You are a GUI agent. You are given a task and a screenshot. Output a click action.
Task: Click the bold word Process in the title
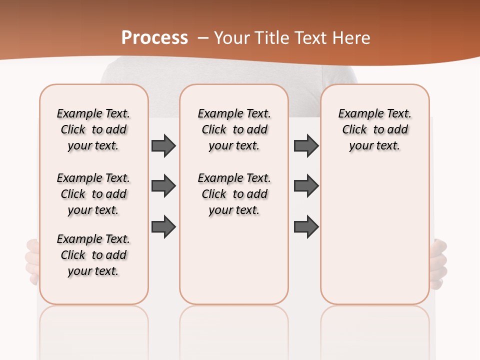click(x=154, y=38)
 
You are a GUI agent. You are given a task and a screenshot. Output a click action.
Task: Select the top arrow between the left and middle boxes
click(x=163, y=145)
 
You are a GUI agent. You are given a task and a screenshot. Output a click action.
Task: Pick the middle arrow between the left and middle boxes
click(x=163, y=186)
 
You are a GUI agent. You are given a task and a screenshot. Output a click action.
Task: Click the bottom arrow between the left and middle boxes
click(x=163, y=226)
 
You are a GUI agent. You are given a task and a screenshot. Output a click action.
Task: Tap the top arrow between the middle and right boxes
click(x=306, y=145)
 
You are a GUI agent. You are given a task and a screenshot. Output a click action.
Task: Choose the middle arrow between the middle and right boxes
click(x=306, y=186)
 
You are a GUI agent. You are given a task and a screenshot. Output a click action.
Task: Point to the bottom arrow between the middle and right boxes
click(x=306, y=226)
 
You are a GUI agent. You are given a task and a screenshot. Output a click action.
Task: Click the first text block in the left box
click(x=93, y=129)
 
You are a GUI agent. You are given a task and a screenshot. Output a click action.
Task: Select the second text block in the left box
click(x=93, y=194)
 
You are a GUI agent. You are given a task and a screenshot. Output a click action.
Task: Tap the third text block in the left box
click(x=93, y=255)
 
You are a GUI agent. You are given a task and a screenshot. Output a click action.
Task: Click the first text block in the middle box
click(x=234, y=129)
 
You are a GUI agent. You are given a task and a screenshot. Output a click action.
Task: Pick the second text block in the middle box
click(x=234, y=194)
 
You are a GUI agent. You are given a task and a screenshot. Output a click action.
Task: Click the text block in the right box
click(x=374, y=129)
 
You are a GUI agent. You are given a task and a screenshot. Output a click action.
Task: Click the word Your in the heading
click(x=232, y=38)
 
